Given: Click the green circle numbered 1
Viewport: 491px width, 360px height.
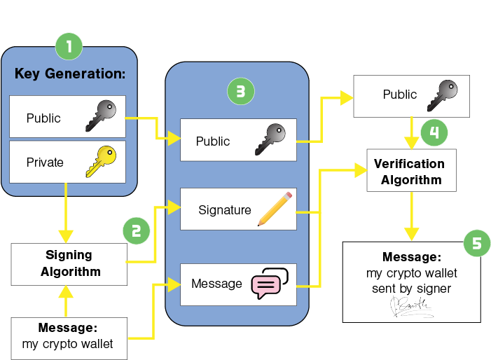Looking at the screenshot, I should point(69,47).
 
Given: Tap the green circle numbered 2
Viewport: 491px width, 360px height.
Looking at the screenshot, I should point(136,230).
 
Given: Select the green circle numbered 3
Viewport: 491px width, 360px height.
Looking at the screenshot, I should point(240,91).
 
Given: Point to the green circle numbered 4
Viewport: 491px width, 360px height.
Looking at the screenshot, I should point(434,132).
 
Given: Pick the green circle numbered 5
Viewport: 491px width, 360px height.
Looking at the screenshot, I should point(476,243).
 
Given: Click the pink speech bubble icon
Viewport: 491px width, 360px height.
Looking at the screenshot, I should point(270,283).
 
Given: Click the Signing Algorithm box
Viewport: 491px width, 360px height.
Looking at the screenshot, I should point(69,263).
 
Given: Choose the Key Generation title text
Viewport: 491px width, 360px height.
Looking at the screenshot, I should point(69,74).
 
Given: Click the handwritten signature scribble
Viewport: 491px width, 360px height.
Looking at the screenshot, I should point(410,305).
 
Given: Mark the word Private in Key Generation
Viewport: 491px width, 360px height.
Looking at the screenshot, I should point(45,162).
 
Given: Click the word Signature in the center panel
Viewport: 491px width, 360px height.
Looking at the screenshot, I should point(224,209).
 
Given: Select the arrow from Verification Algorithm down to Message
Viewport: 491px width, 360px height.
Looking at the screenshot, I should point(412,217).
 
